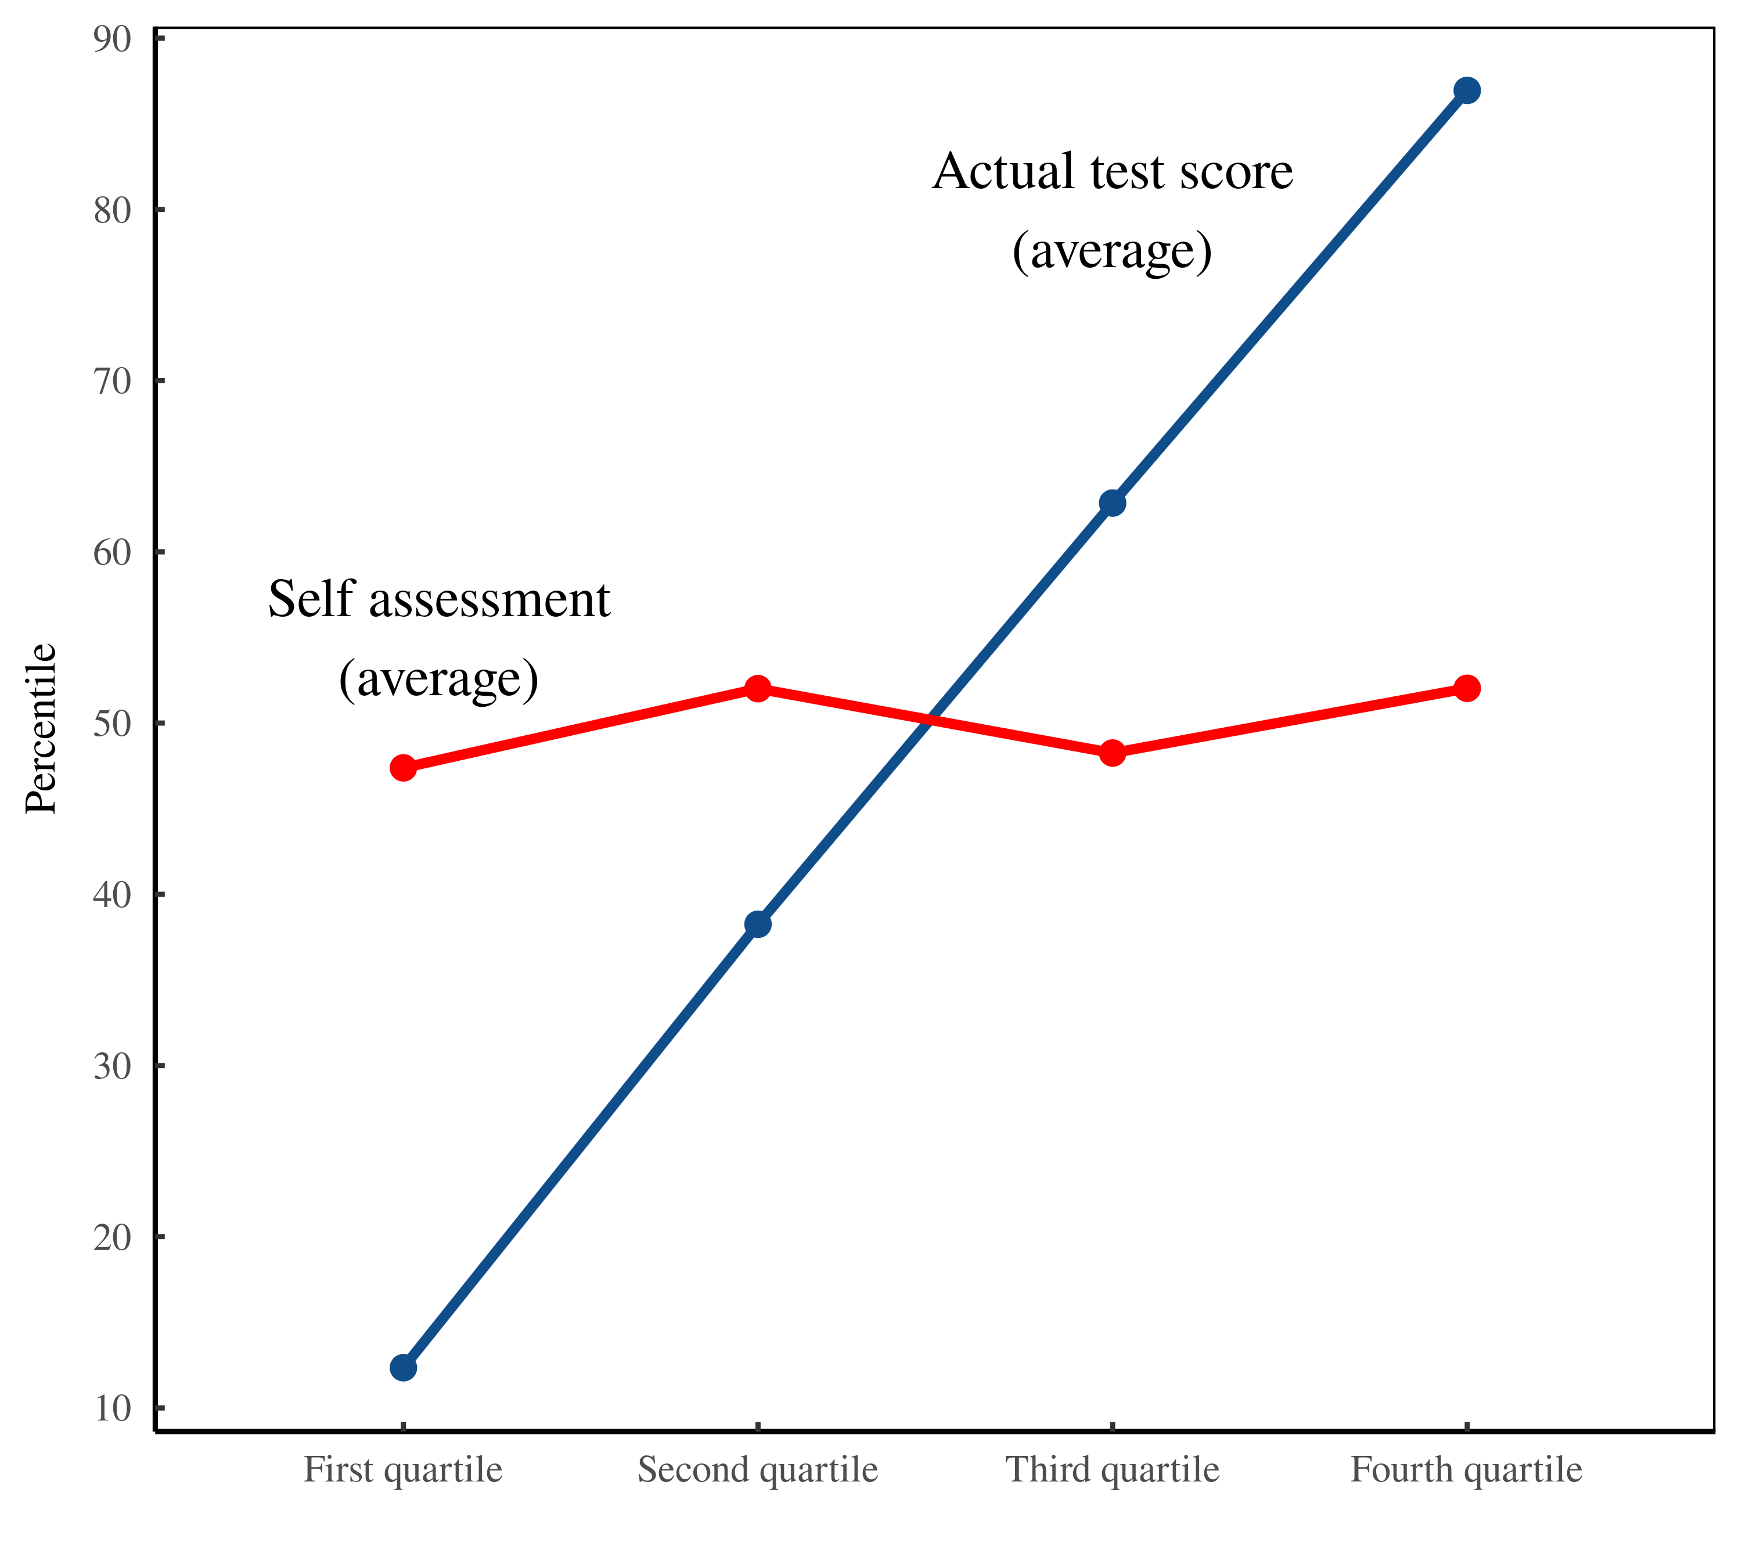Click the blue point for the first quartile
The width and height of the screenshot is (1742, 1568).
click(403, 1367)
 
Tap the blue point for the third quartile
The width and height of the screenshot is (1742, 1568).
click(1112, 503)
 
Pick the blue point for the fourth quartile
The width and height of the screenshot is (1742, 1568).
click(1466, 91)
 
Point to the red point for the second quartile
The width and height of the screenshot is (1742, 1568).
click(757, 688)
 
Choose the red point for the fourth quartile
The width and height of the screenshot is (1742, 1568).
click(1466, 688)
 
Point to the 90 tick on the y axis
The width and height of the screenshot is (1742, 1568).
click(112, 39)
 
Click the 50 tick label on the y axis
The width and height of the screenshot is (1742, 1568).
click(112, 724)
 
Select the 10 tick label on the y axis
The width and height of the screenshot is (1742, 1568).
click(112, 1409)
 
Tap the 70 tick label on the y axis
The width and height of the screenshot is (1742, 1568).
click(112, 382)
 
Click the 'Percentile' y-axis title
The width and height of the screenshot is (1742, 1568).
click(41, 728)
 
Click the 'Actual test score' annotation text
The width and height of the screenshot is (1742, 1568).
click(1112, 172)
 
